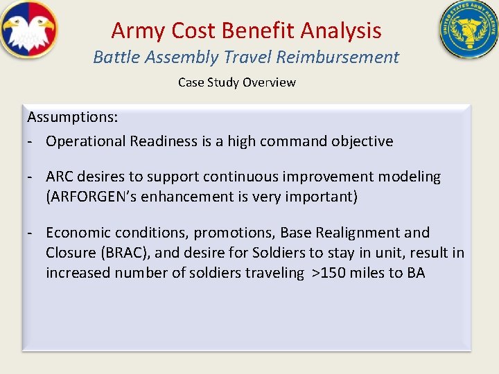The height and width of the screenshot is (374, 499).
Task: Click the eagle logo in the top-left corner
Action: point(29,30)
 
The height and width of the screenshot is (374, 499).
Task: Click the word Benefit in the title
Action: point(267,30)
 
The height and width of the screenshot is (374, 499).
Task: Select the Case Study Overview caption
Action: point(236,82)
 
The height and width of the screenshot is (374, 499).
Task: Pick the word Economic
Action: point(78,233)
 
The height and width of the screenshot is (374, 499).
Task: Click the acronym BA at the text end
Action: point(416,273)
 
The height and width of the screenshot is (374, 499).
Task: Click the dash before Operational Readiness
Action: point(31,141)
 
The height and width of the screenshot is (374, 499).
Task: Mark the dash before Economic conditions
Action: point(31,233)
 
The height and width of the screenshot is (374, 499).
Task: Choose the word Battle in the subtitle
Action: point(115,57)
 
